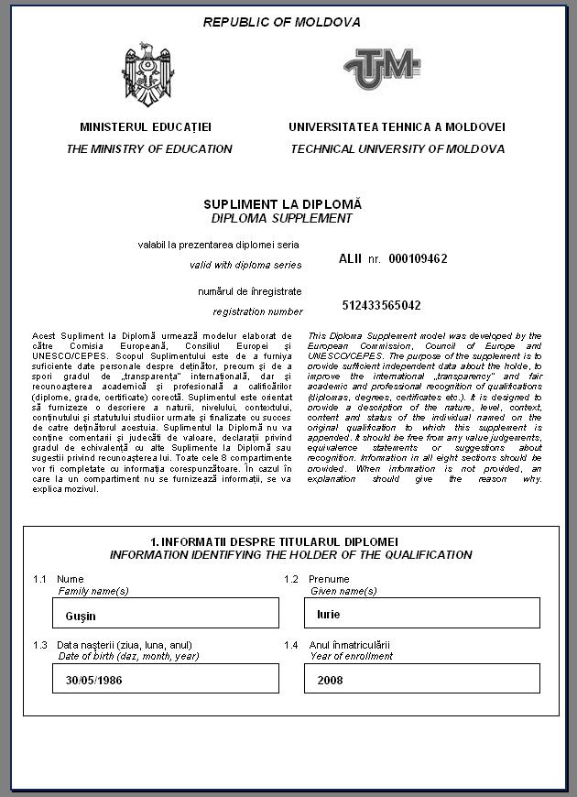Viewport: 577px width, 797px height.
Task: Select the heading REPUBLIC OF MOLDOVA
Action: [x=282, y=22]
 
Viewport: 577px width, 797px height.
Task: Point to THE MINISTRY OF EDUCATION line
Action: [x=149, y=148]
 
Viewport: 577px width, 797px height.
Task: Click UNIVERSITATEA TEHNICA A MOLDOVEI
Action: [x=397, y=127]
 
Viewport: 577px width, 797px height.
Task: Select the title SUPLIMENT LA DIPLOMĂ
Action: [x=282, y=203]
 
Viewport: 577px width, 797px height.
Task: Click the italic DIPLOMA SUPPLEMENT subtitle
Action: [x=282, y=218]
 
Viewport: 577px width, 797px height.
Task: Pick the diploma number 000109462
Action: [x=418, y=259]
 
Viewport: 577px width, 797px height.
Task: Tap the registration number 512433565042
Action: [x=382, y=305]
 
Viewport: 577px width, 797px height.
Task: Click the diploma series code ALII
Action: [x=351, y=259]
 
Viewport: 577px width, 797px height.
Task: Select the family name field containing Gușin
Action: [x=166, y=614]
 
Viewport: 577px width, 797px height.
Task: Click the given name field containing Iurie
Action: [x=421, y=614]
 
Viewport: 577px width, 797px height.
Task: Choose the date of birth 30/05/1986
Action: [x=166, y=681]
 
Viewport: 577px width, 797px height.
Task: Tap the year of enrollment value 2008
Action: [x=421, y=681]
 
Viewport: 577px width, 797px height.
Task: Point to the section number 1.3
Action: [x=39, y=645]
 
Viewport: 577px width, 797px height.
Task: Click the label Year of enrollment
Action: [x=351, y=656]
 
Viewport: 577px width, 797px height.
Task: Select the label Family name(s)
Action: [x=93, y=591]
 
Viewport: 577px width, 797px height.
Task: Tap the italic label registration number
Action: [x=257, y=311]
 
